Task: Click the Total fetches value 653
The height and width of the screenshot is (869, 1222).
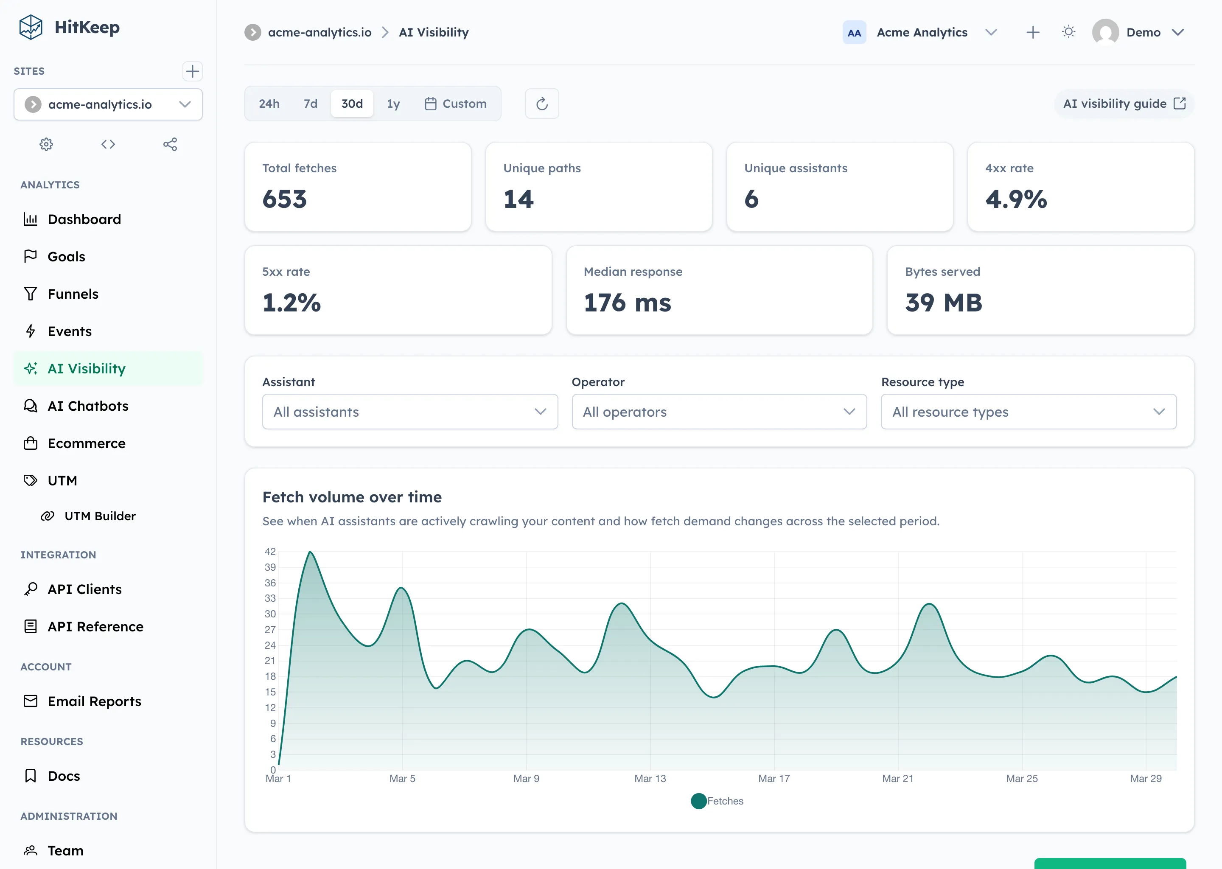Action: pos(285,199)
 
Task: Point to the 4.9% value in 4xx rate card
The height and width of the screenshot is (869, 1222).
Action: pos(1015,199)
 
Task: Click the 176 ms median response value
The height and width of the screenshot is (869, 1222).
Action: pos(627,303)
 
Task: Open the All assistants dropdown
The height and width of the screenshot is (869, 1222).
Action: pos(410,412)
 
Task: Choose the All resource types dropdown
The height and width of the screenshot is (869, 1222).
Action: pos(1029,412)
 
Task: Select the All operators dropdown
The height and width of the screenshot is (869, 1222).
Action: pos(719,412)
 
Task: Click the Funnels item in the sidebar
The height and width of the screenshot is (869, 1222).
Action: pos(73,294)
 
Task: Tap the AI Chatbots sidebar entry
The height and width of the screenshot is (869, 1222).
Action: pos(88,406)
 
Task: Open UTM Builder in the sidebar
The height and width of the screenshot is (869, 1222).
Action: pos(100,516)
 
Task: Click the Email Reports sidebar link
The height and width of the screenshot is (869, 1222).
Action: pos(94,701)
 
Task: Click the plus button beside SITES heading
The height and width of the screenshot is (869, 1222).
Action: pos(192,71)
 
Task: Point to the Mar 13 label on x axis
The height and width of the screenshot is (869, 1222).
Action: pos(650,779)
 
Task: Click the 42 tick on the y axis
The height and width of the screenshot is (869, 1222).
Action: pos(270,551)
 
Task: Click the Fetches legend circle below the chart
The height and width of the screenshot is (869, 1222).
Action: pos(699,801)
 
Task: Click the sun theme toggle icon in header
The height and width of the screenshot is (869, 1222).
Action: pos(1068,32)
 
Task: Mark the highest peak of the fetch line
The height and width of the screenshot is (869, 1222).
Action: pos(310,552)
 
